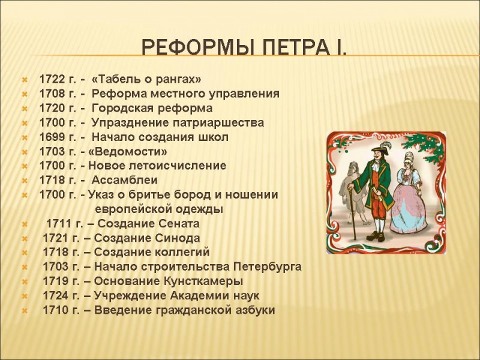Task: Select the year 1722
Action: click(52, 79)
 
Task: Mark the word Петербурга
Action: click(267, 267)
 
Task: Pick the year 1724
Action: click(56, 296)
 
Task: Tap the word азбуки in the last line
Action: click(253, 310)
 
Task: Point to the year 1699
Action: click(52, 137)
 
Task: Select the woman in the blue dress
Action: click(408, 198)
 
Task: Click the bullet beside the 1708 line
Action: click(24, 94)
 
